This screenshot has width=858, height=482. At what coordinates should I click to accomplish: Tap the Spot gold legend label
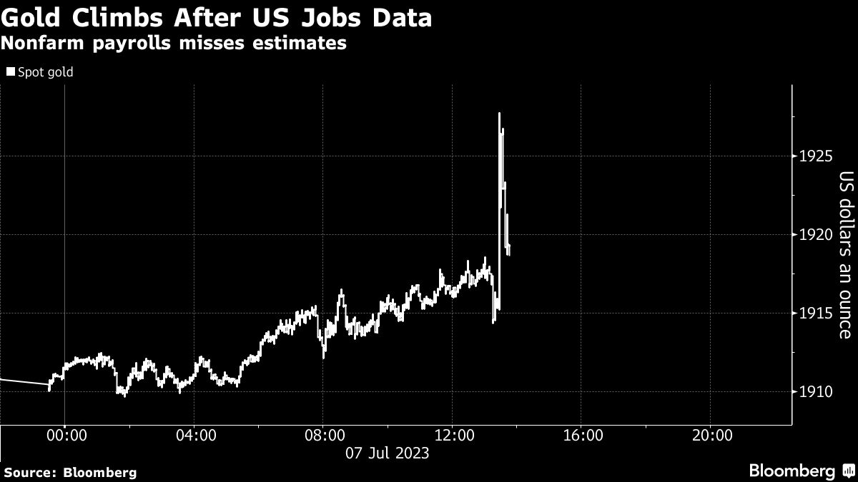45,72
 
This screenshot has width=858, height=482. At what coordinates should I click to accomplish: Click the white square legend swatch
9,72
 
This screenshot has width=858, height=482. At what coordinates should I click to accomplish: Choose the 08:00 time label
323,435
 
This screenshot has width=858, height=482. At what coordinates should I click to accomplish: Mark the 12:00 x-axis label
452,435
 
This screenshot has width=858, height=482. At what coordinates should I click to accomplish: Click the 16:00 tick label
581,435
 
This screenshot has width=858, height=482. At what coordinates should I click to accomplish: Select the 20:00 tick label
710,435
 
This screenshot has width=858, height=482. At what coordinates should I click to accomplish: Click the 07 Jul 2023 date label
388,453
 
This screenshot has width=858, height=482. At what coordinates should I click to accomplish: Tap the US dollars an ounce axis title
845,255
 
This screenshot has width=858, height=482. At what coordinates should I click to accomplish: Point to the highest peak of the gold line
499,114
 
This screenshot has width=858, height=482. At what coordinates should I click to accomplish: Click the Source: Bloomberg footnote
69,472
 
